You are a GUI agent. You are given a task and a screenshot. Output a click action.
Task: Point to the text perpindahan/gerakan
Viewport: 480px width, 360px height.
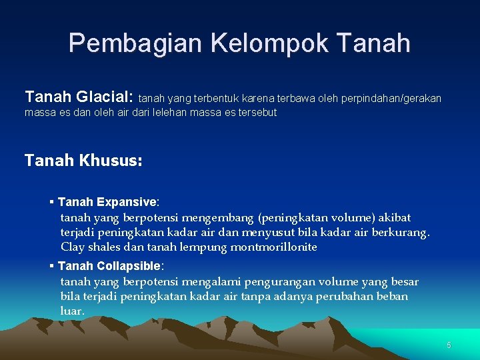(x=391, y=99)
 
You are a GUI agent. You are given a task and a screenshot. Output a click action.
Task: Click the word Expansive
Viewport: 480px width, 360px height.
(x=126, y=201)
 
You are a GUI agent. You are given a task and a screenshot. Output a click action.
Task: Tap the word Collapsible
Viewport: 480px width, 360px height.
(x=129, y=266)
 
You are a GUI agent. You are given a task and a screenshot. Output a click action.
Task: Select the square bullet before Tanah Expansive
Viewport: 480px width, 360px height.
(x=51, y=201)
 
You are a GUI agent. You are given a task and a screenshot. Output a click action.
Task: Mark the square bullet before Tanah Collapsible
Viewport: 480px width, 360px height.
(x=51, y=266)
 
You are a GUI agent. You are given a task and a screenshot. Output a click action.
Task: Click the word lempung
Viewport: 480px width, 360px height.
(x=205, y=247)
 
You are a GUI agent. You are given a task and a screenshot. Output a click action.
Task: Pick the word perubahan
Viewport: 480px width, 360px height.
(x=345, y=296)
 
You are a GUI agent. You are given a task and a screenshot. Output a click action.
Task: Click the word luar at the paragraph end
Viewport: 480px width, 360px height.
(x=71, y=311)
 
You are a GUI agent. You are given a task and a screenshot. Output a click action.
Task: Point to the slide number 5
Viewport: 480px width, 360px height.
(x=449, y=345)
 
